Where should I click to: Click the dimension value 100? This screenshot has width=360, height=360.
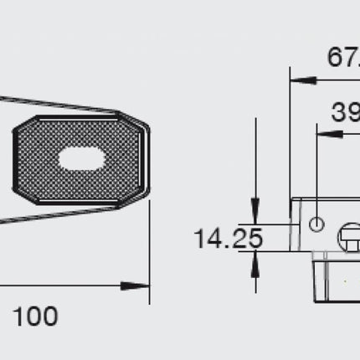pos(35,316)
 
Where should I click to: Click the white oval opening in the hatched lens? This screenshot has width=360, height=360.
pos(81,159)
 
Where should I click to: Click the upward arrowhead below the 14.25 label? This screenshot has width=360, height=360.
pos(254,261)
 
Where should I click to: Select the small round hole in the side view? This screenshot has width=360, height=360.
pos(316,224)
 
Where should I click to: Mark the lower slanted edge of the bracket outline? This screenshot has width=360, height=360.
pos(59,214)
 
